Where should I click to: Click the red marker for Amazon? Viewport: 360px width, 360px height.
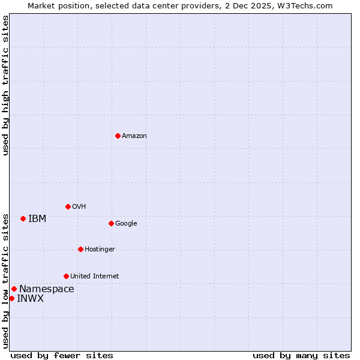point(118,136)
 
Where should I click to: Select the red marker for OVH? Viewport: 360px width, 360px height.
point(68,206)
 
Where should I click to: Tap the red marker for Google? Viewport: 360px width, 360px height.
point(111,223)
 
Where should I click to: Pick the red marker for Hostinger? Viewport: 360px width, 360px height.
point(80,249)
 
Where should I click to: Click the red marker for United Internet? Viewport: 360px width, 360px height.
point(66,276)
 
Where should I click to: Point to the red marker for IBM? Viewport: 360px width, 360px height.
point(23,218)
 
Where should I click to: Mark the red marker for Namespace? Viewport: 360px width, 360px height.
point(14,289)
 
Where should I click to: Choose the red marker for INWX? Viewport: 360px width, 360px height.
point(11,298)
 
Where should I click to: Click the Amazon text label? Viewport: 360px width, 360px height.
point(134,136)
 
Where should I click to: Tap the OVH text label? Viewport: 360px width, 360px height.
point(79,207)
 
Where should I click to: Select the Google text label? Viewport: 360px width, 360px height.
point(126,224)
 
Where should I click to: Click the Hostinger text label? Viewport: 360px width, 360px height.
point(100,250)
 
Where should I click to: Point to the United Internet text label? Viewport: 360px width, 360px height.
point(95,277)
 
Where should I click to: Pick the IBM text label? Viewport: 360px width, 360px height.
point(37,219)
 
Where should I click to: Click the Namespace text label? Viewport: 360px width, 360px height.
point(47,289)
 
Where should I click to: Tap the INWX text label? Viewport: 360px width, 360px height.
point(30,299)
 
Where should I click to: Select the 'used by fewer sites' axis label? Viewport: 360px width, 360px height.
point(62,355)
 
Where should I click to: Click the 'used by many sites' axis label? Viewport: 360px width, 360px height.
point(301,355)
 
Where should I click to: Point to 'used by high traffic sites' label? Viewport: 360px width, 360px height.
point(5,85)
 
